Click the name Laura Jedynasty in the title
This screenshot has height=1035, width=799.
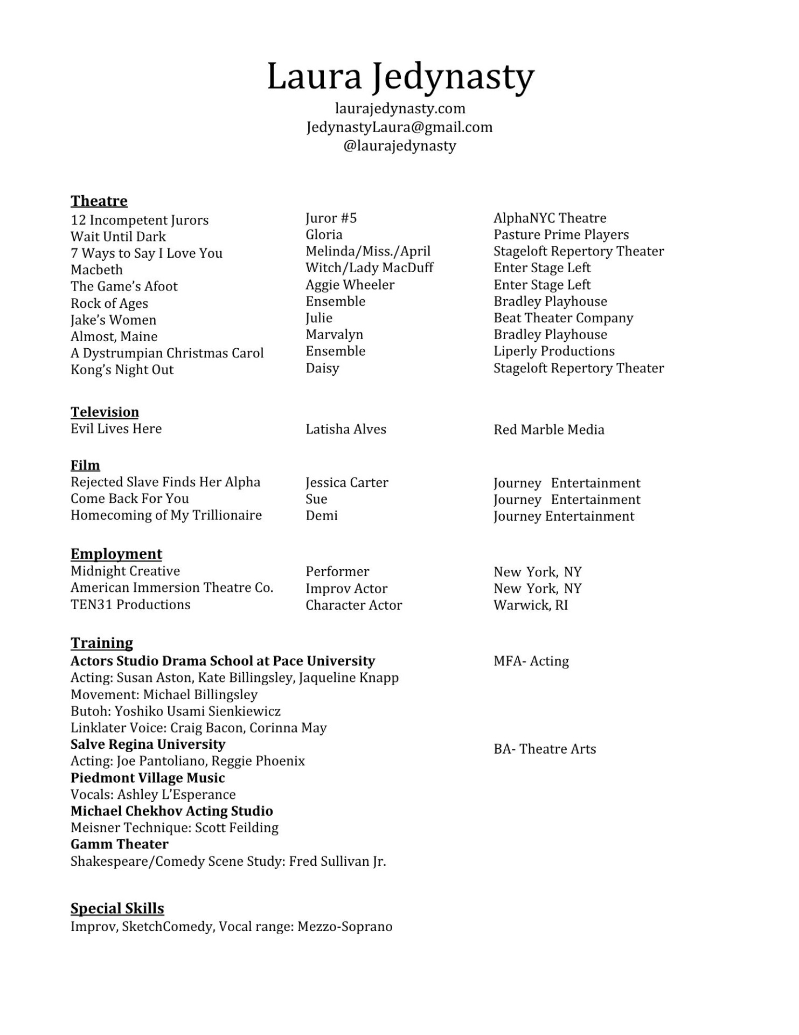(x=400, y=77)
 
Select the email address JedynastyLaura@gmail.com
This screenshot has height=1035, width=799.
(x=399, y=127)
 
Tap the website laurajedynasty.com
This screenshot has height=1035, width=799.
(x=400, y=108)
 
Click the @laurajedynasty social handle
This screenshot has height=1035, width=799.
(x=400, y=146)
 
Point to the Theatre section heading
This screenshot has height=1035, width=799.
(x=99, y=201)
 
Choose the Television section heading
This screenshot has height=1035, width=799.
(x=105, y=412)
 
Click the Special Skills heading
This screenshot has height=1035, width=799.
(x=117, y=908)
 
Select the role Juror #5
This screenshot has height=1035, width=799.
(x=331, y=218)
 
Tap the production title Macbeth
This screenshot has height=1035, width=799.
(x=96, y=270)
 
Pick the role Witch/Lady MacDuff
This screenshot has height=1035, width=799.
(x=369, y=267)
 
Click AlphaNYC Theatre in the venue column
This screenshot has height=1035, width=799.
(x=550, y=218)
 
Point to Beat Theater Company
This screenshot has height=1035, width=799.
(x=563, y=318)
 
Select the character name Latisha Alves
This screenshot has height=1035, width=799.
(x=345, y=429)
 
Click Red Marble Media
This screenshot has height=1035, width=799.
(x=548, y=430)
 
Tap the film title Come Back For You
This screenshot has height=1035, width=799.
(x=129, y=499)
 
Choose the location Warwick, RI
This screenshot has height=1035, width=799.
(x=530, y=605)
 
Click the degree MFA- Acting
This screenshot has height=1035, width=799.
(x=531, y=661)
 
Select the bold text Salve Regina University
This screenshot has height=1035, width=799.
(x=148, y=744)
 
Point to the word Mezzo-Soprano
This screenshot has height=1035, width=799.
(x=345, y=927)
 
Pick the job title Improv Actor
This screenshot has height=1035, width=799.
(x=346, y=588)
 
